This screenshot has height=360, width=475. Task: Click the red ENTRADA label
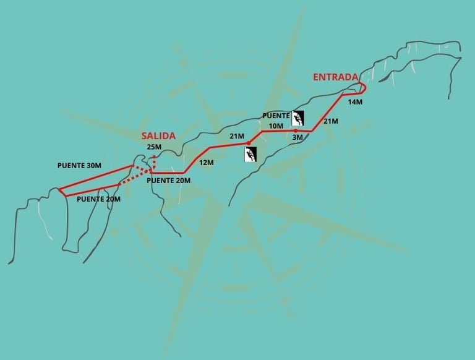tap(335, 77)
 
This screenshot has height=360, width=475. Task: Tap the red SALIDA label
tap(158, 135)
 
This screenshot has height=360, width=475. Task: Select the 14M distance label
tap(355, 101)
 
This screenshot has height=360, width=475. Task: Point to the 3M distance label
tap(297, 138)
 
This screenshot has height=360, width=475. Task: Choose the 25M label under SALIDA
tap(154, 147)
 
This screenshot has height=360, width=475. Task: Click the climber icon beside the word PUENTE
tap(298, 118)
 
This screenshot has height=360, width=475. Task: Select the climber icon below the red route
tap(250, 154)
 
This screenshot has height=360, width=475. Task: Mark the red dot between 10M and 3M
tap(296, 131)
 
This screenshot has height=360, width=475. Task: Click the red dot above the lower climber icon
tap(249, 144)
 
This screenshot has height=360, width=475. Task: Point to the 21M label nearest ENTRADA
tap(330, 121)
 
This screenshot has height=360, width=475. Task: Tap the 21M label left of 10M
tap(237, 136)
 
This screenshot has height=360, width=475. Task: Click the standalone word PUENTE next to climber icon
tap(276, 116)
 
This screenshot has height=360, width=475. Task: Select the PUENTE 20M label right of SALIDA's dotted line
tap(168, 181)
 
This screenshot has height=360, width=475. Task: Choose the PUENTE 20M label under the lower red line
tap(98, 199)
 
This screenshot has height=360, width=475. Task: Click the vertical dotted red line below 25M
tap(154, 162)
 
